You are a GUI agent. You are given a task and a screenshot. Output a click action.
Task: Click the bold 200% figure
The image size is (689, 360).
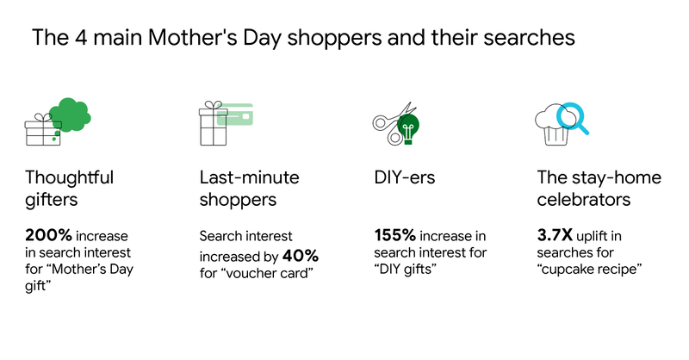tap(48, 235)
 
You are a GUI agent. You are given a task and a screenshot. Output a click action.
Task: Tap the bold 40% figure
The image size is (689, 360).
tap(301, 256)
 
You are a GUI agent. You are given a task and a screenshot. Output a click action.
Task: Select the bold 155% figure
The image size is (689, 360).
tap(394, 235)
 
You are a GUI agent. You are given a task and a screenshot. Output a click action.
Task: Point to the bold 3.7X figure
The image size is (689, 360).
tap(555, 235)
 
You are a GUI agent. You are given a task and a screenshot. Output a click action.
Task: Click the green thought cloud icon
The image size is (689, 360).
tap(70, 115)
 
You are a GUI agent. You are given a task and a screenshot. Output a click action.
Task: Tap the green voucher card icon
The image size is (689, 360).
tap(235, 115)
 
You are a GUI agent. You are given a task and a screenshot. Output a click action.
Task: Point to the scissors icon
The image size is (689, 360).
tap(393, 124)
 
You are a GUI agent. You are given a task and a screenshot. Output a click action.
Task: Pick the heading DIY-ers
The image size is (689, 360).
tap(404, 177)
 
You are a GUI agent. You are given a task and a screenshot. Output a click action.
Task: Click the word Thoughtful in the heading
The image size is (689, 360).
tap(69, 177)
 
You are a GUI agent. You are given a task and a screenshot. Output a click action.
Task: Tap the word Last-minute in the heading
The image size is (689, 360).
tap(249, 177)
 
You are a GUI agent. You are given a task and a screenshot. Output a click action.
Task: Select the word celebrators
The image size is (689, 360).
tap(584, 200)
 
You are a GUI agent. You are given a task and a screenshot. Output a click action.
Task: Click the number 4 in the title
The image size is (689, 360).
tap(81, 37)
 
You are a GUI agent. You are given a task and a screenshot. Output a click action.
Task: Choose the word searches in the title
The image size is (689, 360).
tap(529, 37)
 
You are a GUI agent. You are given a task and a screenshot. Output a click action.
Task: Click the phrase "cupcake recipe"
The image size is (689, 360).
tap(589, 269)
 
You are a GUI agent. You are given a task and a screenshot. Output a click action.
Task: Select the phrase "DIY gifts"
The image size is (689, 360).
tap(405, 269)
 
